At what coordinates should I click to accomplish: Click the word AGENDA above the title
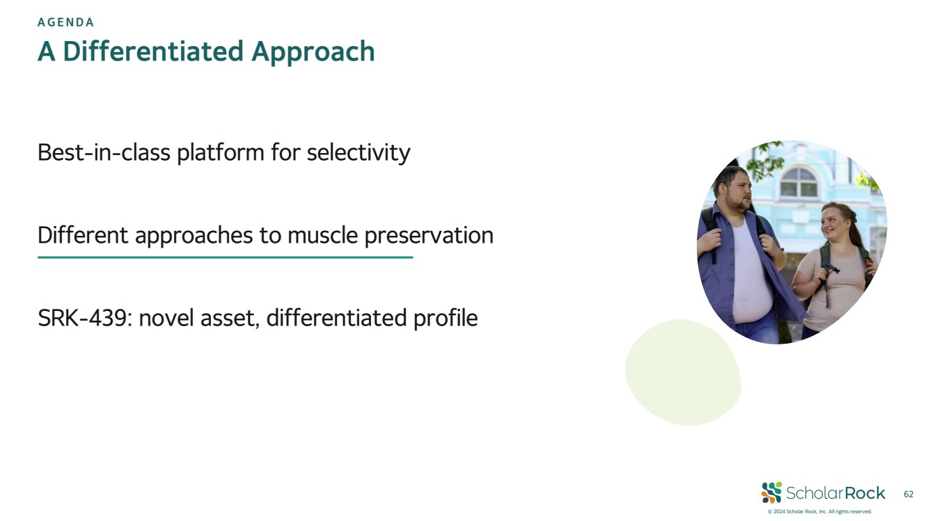click(x=65, y=22)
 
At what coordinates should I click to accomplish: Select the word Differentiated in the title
click(x=153, y=51)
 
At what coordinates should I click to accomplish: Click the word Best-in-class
click(x=104, y=152)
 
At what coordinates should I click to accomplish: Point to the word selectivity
click(x=359, y=153)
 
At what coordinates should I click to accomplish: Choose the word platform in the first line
click(x=221, y=153)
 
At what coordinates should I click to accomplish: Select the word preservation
click(x=430, y=236)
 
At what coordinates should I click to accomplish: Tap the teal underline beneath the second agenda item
click(x=226, y=257)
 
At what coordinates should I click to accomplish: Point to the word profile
click(x=446, y=318)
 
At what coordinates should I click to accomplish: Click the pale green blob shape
click(x=683, y=372)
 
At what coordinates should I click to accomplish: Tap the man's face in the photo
click(x=738, y=191)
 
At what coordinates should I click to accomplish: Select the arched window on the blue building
click(x=799, y=182)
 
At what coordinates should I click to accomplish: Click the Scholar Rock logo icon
click(x=771, y=492)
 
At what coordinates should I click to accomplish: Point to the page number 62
click(x=909, y=494)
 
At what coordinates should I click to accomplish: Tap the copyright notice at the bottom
click(x=819, y=511)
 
